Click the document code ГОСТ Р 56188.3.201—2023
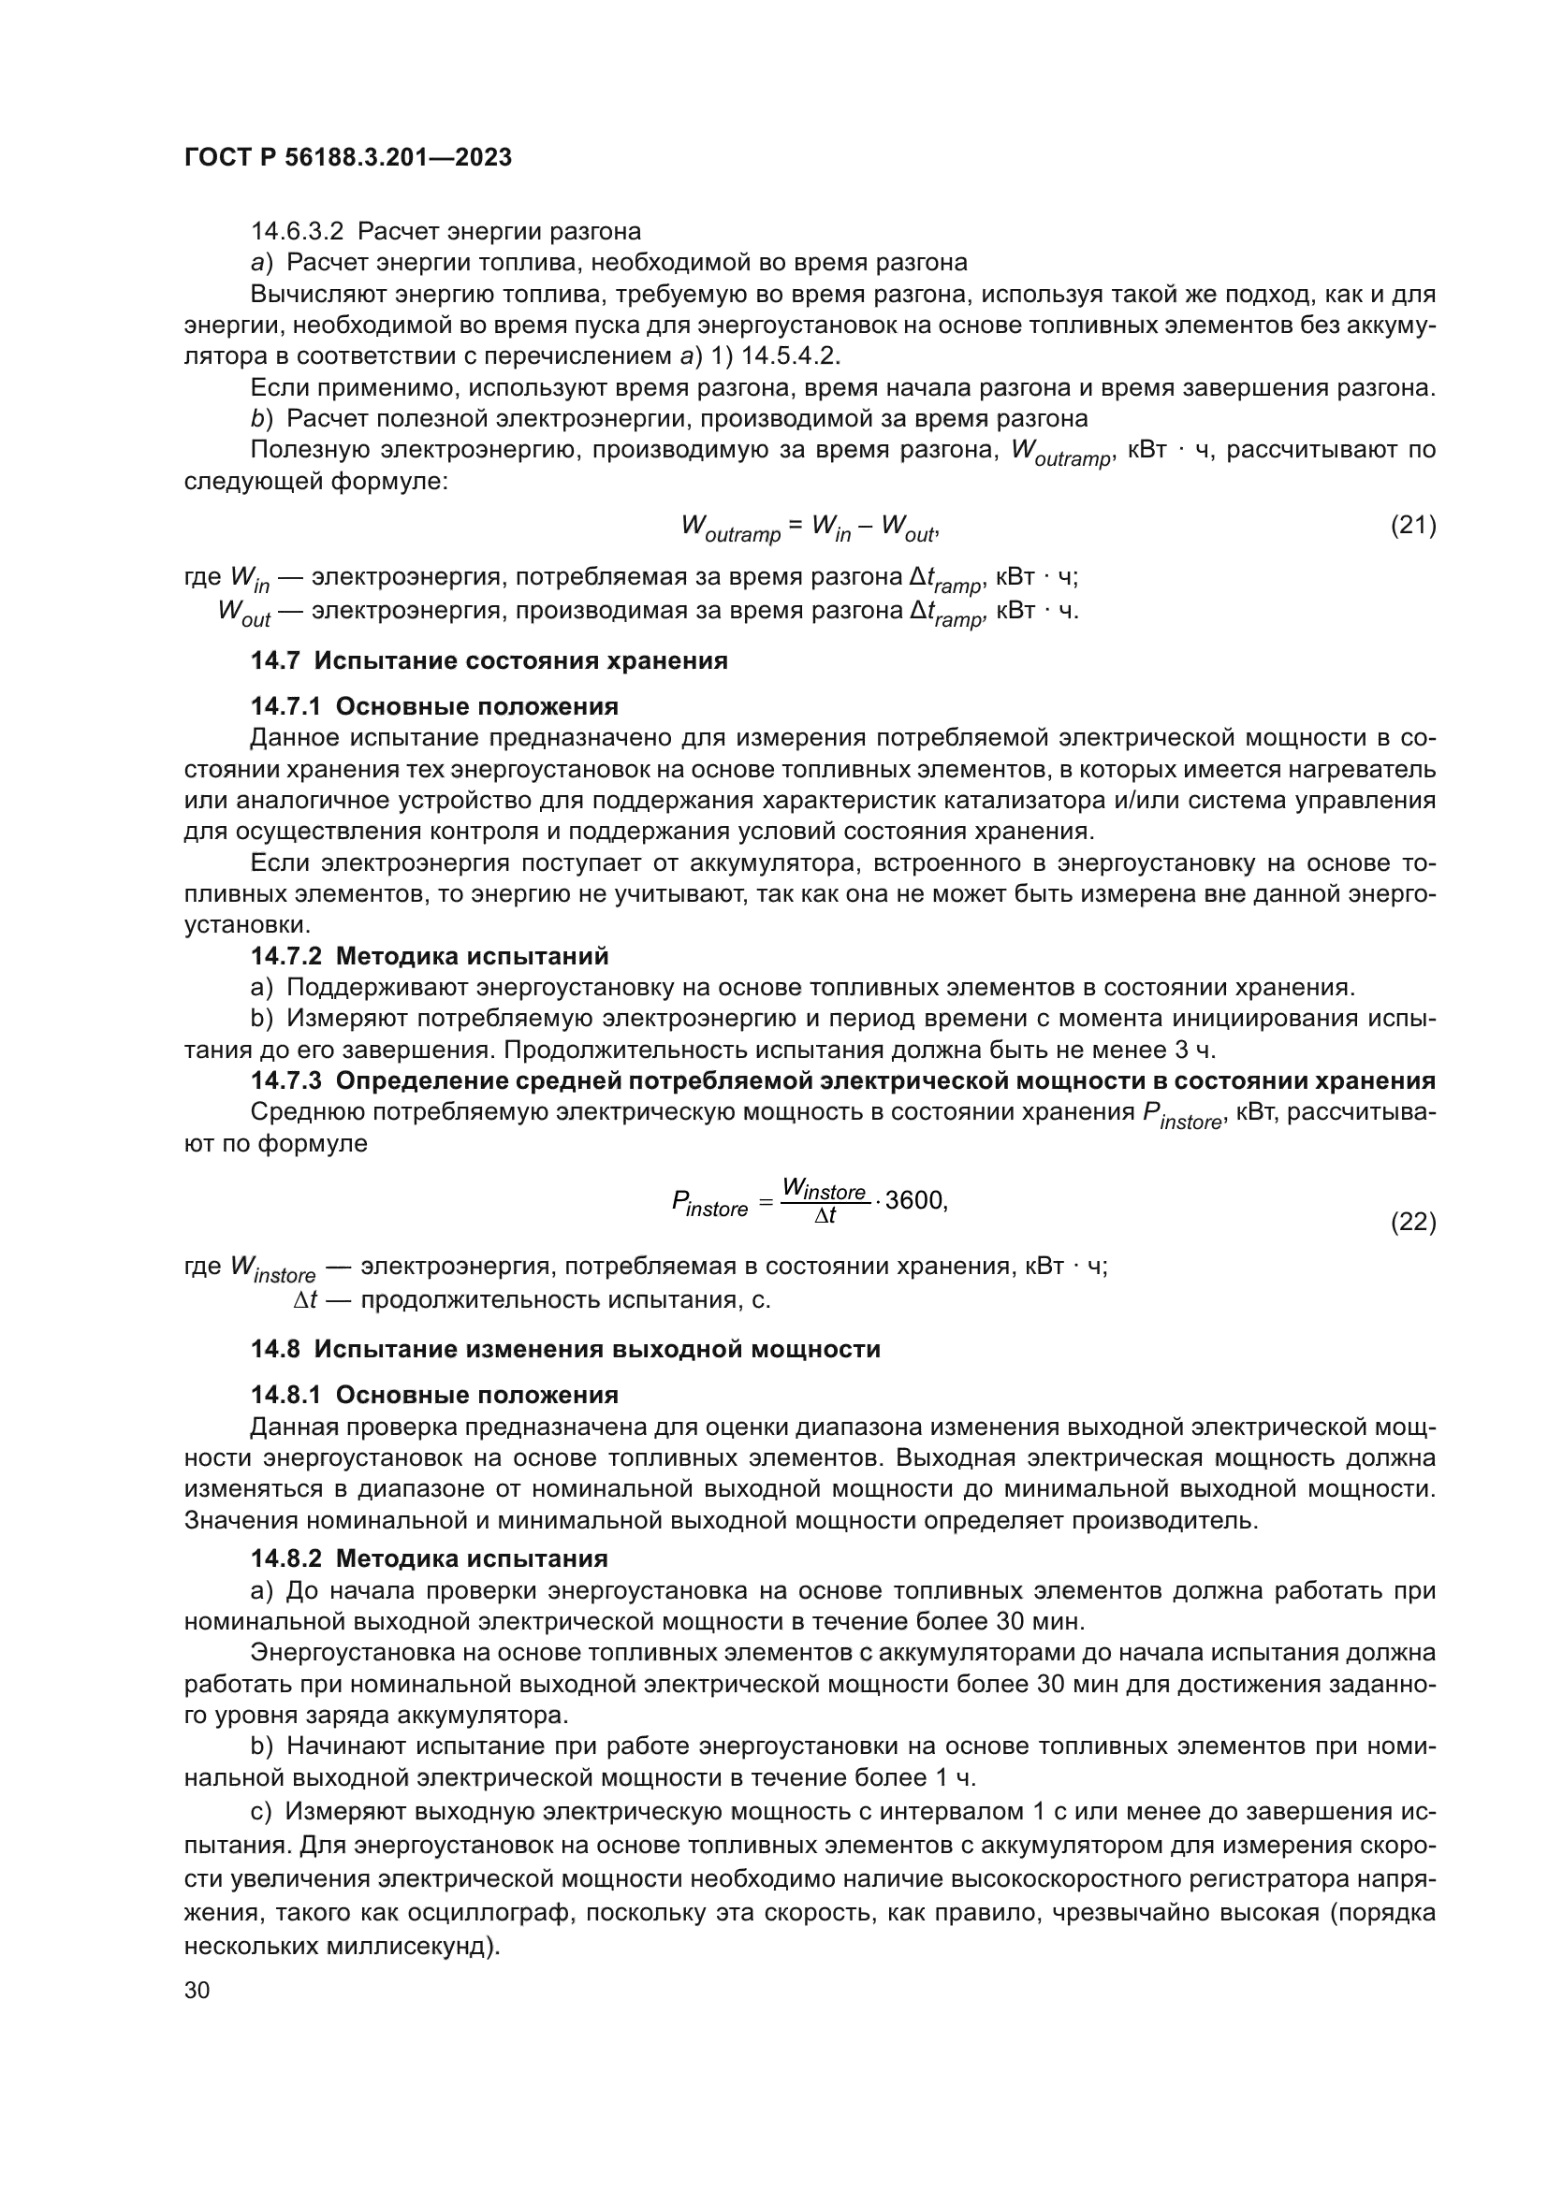(348, 157)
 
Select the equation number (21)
(1412, 525)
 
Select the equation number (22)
(1412, 1221)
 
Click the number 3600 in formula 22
(914, 1201)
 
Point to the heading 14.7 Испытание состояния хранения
(489, 660)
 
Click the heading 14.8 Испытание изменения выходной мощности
(565, 1349)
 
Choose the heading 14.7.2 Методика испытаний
(429, 956)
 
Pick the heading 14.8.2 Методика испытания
(429, 1558)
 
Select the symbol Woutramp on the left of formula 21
(730, 529)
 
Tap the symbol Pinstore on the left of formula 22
(710, 1206)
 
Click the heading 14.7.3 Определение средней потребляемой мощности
(842, 1080)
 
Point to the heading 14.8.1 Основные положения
(434, 1395)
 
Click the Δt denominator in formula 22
(825, 1216)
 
